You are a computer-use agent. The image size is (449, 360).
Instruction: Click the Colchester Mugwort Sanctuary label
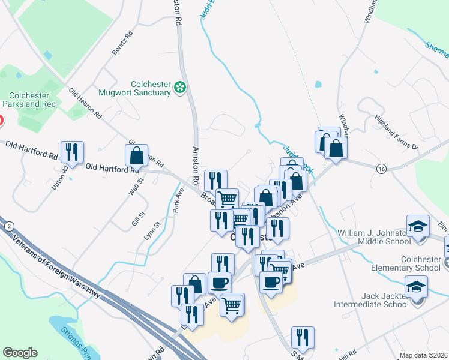tap(151, 89)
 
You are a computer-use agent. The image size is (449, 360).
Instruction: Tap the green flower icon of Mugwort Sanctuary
tap(179, 88)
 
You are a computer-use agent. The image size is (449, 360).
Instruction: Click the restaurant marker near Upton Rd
tap(72, 152)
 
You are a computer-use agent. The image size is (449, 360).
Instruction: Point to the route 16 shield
tap(382, 169)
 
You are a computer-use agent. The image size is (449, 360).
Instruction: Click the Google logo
tap(20, 353)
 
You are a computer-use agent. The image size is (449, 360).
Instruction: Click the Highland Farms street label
tap(396, 131)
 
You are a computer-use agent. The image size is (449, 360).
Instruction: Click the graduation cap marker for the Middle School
tap(418, 227)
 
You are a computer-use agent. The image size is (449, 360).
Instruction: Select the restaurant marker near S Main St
tap(303, 338)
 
